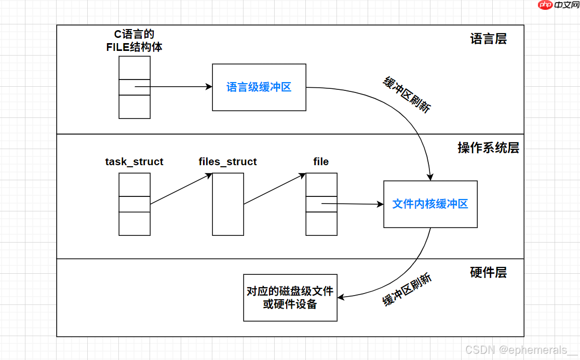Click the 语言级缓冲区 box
(x=259, y=87)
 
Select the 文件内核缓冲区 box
(x=430, y=204)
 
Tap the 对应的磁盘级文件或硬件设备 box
(x=290, y=298)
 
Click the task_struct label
(x=134, y=162)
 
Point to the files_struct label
(x=227, y=162)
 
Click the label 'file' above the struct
(x=321, y=162)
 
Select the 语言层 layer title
(x=488, y=39)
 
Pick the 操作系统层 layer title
(x=488, y=148)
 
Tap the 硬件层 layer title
(x=488, y=272)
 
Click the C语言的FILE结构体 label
(x=134, y=41)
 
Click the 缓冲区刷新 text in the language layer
(x=407, y=95)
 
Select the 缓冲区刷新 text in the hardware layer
(x=408, y=290)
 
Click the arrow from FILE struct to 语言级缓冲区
(x=174, y=87)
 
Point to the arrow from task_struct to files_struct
(x=181, y=189)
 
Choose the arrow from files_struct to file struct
(x=274, y=189)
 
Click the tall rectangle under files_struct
(x=228, y=204)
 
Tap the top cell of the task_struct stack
(x=134, y=184)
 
